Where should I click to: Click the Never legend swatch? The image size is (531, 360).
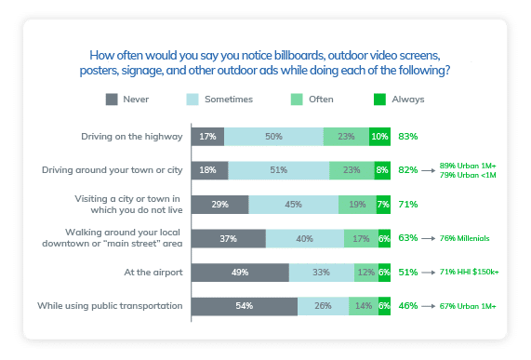(x=112, y=98)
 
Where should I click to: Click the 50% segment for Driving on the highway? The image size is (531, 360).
(x=273, y=137)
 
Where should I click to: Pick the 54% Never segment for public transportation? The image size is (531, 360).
(x=244, y=305)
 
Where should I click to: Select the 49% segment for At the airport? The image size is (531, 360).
(x=240, y=272)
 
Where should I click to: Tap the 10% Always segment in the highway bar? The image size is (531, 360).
(x=379, y=137)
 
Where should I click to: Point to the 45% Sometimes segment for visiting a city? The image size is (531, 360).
(x=294, y=205)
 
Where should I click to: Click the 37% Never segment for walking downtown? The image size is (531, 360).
(x=228, y=238)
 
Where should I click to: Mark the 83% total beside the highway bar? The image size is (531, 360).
(x=407, y=137)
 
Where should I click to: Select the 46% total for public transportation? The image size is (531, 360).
(x=407, y=305)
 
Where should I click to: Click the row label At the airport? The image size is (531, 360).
(x=145, y=272)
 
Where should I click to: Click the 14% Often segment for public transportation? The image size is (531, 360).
(x=363, y=305)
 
